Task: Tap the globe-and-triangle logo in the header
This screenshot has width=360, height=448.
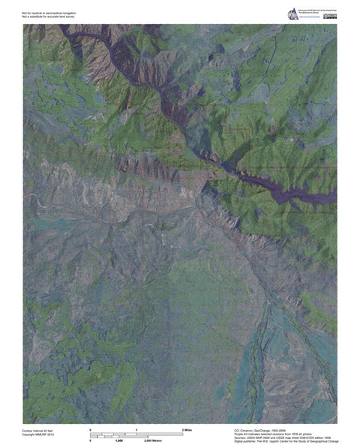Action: coord(292,14)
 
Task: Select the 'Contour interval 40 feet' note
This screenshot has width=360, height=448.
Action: coord(38,430)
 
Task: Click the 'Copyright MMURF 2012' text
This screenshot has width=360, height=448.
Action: coord(39,434)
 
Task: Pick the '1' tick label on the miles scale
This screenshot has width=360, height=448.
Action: coord(136,428)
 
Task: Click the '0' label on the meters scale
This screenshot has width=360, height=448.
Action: coord(91,440)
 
